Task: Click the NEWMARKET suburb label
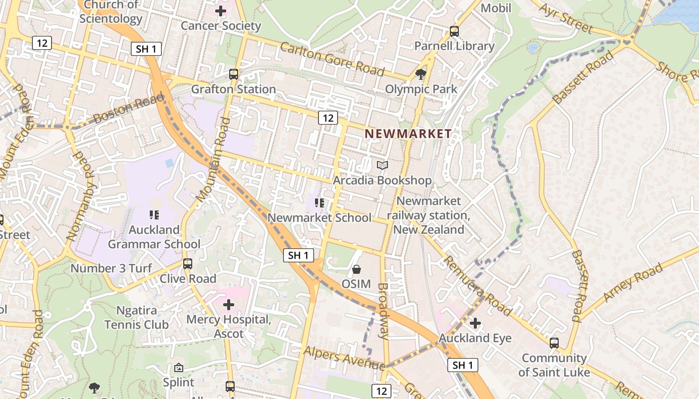click(408, 134)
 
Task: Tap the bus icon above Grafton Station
click(234, 74)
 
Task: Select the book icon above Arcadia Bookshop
click(382, 165)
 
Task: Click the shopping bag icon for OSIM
click(356, 269)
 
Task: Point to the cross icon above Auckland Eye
click(475, 323)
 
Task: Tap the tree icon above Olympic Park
click(421, 74)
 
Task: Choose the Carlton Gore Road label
click(332, 59)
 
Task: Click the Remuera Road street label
click(477, 285)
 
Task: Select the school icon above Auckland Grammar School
click(154, 215)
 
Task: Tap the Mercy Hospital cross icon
click(229, 304)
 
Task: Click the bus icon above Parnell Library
click(454, 31)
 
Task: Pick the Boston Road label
click(128, 109)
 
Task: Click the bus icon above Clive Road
click(188, 263)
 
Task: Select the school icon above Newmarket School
click(320, 203)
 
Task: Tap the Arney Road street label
click(633, 282)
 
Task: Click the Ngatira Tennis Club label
click(136, 317)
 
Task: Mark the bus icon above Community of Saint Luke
click(554, 343)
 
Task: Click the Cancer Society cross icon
click(221, 10)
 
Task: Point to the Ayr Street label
click(566, 17)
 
